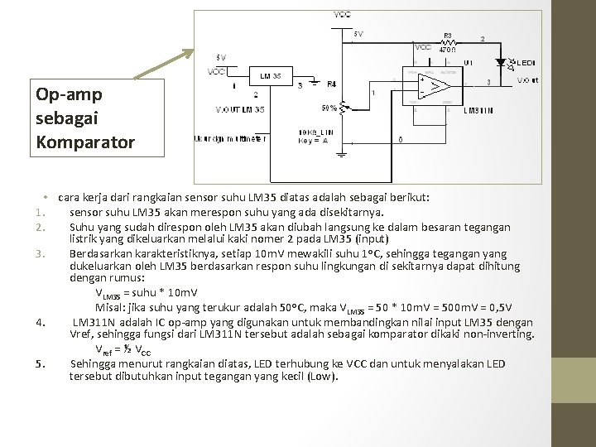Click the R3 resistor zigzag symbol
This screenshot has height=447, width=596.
[x=447, y=41]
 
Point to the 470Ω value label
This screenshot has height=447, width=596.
[x=447, y=50]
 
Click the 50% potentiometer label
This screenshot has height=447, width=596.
[x=329, y=108]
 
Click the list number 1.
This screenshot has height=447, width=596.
[x=39, y=212]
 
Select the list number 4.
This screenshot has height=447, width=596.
[x=40, y=322]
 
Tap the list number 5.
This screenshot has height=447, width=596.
[x=39, y=363]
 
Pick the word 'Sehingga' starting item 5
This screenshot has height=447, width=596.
[x=94, y=363]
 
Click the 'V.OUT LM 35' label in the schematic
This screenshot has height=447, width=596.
[x=240, y=110]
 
